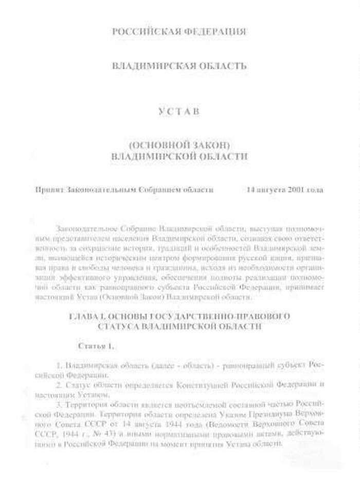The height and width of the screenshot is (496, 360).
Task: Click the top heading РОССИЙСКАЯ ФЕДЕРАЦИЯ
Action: (x=179, y=32)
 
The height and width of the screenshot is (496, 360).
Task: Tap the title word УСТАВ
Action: (x=179, y=112)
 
